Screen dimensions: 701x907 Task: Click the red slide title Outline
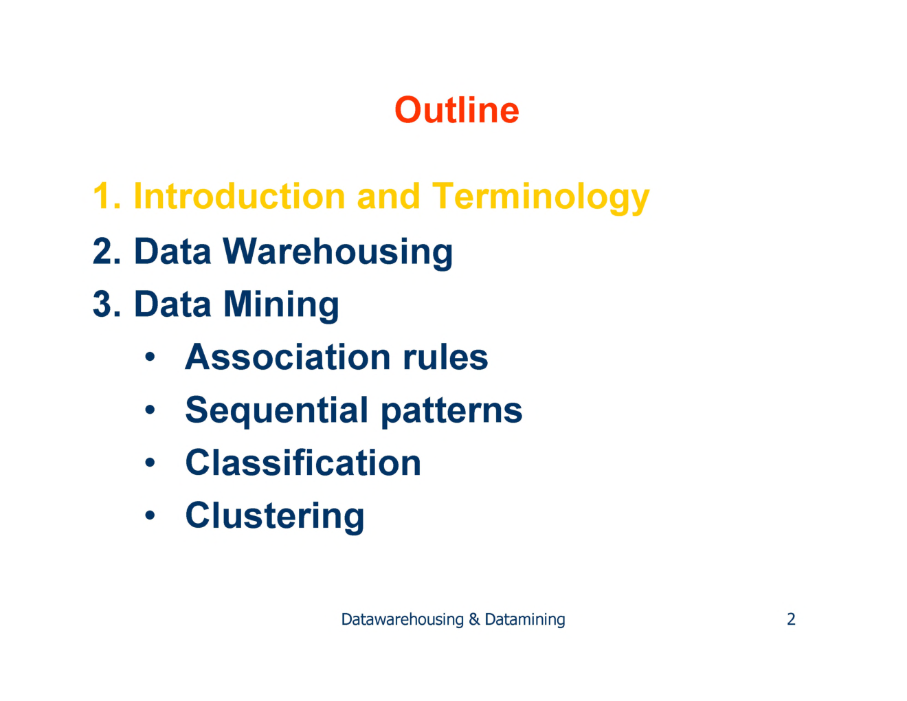[x=456, y=111]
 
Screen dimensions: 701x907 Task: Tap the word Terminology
[x=540, y=198]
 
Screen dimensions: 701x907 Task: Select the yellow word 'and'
[x=388, y=197]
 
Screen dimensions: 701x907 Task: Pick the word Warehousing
[x=337, y=252]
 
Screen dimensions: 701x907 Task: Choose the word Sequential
[x=277, y=411]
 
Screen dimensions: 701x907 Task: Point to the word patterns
[x=451, y=411]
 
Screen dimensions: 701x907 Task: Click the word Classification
[x=303, y=463]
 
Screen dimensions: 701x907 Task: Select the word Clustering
[x=275, y=516]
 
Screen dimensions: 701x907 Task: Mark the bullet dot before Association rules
[x=150, y=357]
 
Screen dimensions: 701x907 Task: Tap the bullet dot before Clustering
[x=150, y=515]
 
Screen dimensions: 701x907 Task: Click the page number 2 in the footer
[x=791, y=619]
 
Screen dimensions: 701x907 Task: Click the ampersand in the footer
[x=474, y=619]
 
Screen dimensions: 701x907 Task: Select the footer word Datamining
[x=525, y=620]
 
